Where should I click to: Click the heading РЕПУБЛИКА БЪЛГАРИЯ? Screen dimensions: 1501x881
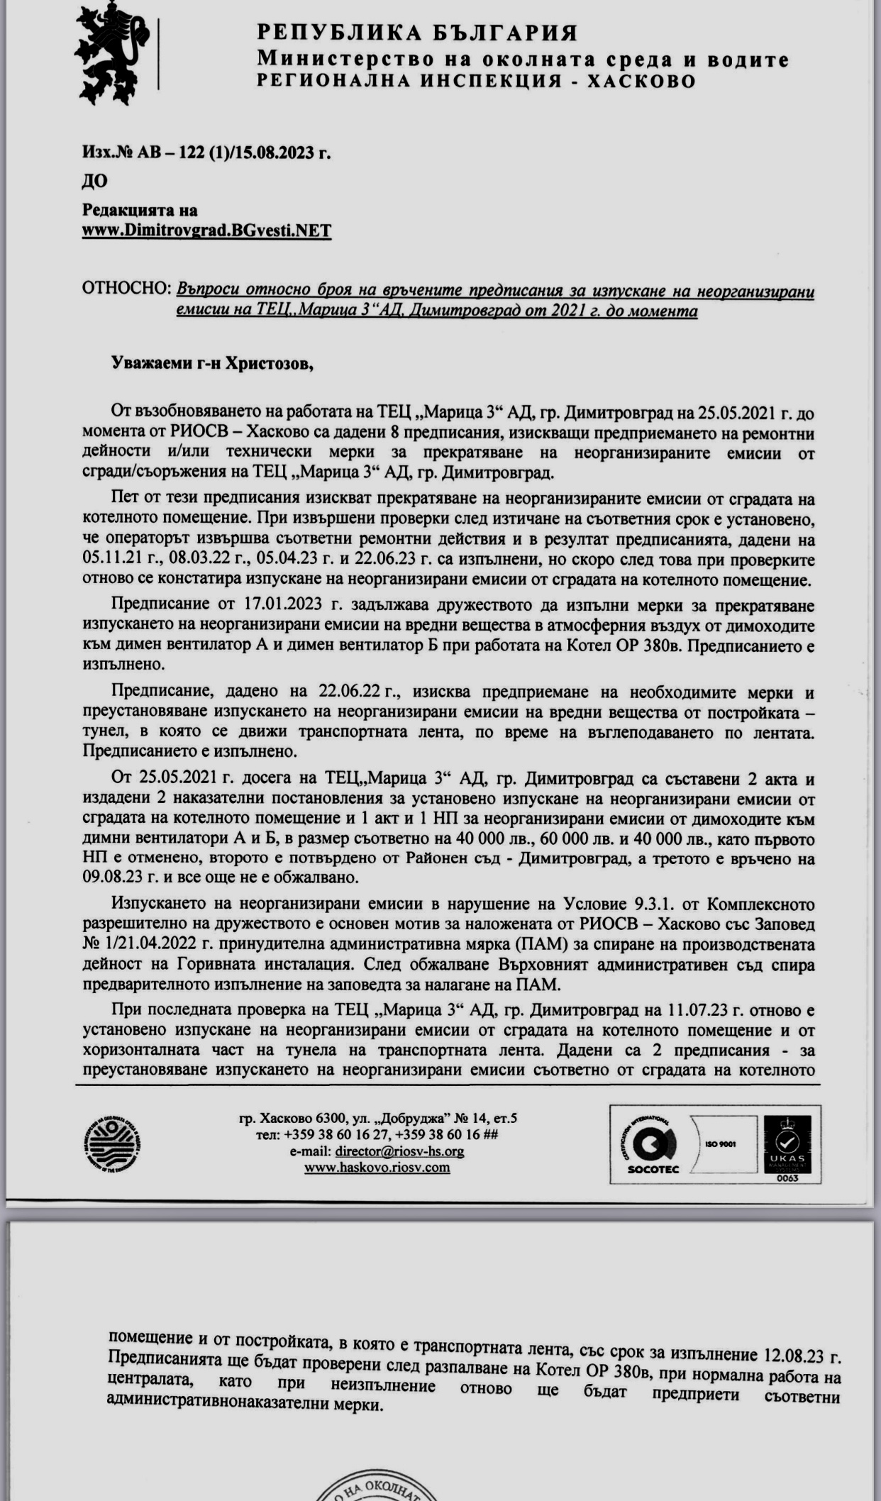tap(417, 33)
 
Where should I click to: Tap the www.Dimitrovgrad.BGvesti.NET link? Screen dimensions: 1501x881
tap(206, 231)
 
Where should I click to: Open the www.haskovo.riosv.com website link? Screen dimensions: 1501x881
tap(377, 1167)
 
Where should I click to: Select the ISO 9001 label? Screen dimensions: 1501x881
tap(720, 1144)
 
